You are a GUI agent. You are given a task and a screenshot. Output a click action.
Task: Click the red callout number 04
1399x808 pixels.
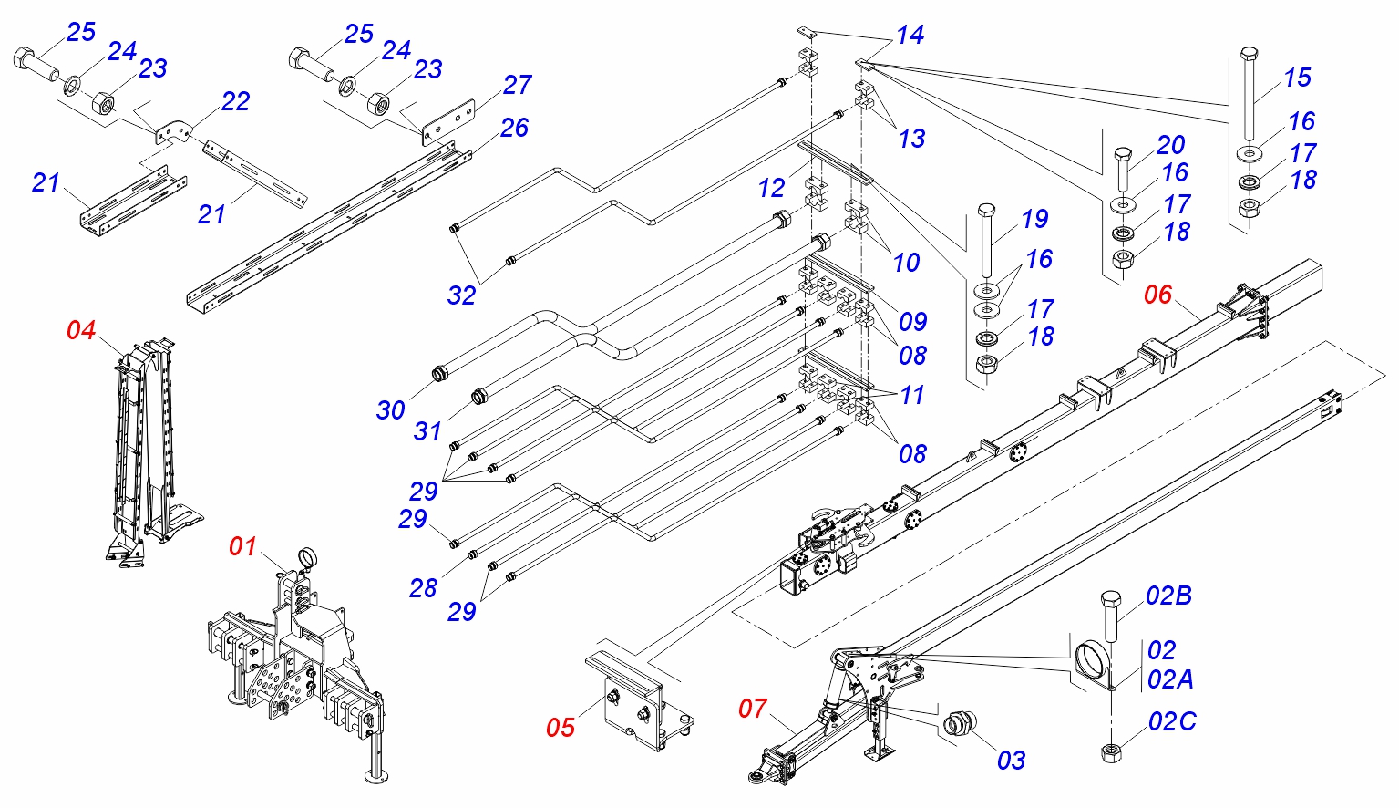point(81,330)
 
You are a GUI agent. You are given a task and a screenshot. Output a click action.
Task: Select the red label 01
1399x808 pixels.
point(242,546)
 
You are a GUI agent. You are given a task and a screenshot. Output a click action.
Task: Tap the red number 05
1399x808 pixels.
point(561,727)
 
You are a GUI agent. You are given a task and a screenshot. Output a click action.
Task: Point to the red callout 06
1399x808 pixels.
point(1157,295)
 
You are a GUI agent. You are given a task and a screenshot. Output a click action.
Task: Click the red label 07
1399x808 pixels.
point(753,708)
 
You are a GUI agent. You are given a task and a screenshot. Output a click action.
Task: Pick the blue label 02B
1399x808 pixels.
point(1168,596)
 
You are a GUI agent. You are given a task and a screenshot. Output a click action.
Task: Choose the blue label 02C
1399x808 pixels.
point(1172,721)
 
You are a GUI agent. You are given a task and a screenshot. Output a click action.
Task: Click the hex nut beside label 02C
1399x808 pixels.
point(1110,752)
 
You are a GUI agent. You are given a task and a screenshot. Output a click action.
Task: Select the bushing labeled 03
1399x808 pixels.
point(959,724)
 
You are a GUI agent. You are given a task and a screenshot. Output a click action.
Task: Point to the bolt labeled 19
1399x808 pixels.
point(986,241)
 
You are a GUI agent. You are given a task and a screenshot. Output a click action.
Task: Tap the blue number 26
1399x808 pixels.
point(514,128)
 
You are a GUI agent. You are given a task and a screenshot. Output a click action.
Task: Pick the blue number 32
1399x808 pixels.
point(461,295)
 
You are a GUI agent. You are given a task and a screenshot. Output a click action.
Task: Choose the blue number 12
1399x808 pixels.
point(771,188)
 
